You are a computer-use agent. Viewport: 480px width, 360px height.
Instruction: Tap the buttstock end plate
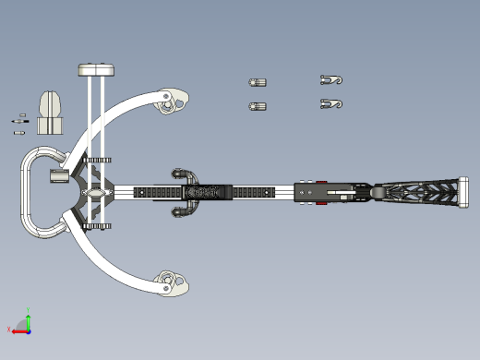pos(461,193)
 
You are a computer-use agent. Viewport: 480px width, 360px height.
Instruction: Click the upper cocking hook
pos(330,80)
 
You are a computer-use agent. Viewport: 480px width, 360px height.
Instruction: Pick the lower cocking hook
pos(330,103)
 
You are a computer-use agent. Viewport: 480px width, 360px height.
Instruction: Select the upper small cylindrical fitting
pos(258,82)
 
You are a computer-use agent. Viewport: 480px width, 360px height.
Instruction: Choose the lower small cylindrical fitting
pos(258,106)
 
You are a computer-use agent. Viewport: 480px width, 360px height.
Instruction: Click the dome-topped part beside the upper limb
pos(50,110)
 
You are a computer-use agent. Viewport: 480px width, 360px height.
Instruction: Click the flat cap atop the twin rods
pos(96,69)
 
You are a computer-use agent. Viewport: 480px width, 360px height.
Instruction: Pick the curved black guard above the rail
pos(185,174)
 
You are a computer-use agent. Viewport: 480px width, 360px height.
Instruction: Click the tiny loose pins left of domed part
pos(19,120)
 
